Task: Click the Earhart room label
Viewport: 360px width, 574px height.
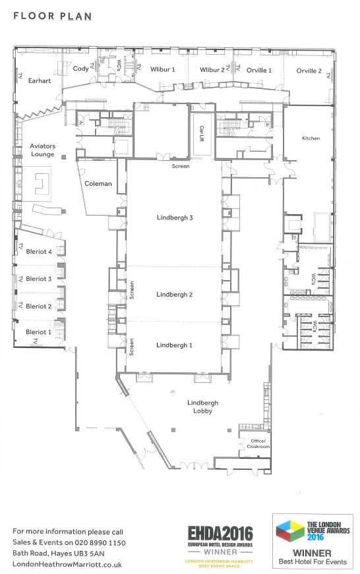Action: tap(40, 81)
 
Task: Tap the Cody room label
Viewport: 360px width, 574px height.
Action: tap(80, 69)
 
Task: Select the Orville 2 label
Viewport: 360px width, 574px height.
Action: tap(309, 71)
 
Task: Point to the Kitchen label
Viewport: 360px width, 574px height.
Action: tap(311, 138)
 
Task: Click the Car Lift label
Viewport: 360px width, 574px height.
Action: tap(201, 133)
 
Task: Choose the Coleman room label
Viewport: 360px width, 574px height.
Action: tap(98, 184)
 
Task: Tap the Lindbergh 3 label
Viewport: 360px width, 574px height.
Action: tap(175, 218)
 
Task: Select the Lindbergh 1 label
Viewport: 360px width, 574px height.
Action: tap(174, 345)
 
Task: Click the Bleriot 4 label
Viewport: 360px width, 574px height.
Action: tap(39, 252)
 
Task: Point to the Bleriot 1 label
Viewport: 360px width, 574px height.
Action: tap(38, 332)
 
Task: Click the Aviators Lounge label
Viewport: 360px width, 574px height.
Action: tap(42, 150)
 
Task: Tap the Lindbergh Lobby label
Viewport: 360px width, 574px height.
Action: tap(203, 407)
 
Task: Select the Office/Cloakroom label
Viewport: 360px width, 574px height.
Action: tap(258, 444)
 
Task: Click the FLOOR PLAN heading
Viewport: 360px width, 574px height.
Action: tap(52, 16)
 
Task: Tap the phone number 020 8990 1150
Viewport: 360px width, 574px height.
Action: tap(100, 542)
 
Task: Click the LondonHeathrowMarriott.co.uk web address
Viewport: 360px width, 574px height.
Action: tap(67, 565)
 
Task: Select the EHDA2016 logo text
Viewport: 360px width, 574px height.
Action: tap(220, 533)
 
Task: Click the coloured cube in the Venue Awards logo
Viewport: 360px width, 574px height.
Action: tap(290, 531)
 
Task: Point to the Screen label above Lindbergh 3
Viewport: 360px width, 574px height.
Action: tap(181, 166)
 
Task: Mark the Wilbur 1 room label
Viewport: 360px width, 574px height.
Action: tap(163, 70)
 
